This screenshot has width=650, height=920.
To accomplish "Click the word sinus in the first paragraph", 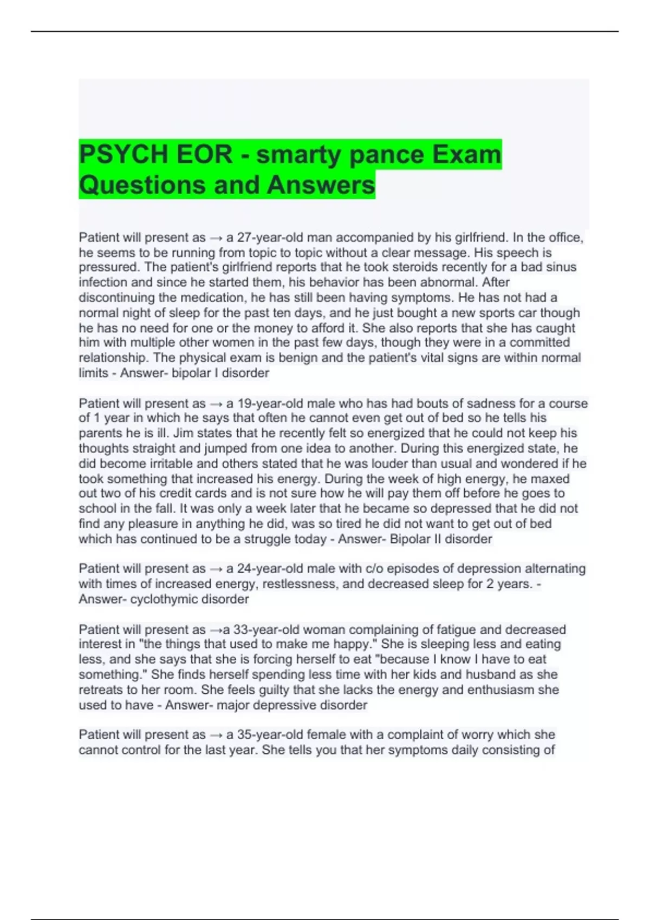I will (561, 267).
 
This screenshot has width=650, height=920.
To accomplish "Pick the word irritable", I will (149, 464).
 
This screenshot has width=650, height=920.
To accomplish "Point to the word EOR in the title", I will (203, 154).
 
